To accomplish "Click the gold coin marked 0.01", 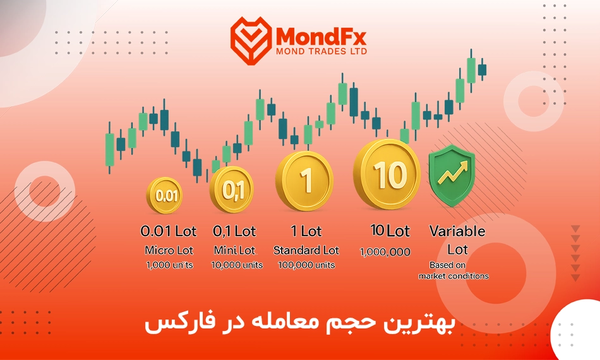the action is [165, 196].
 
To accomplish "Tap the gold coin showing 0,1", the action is [232, 189].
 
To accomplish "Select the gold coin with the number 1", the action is [304, 181].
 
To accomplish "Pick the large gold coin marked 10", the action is [387, 174].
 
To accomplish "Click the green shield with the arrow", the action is [452, 175].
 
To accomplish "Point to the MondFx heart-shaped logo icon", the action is [251, 40].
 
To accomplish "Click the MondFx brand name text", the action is [321, 37].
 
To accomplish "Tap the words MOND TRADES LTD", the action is [321, 51].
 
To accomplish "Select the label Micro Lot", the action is [169, 250].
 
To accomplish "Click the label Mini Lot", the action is [234, 250].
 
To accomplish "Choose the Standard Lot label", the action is [306, 250].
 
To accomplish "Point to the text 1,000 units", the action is [169, 265].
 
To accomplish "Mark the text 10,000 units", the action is [237, 265].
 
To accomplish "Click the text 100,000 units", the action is [306, 265].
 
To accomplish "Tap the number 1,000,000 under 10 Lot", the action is [385, 252].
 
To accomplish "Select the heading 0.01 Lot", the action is [169, 231].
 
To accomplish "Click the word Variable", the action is [457, 231].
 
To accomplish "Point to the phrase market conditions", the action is [453, 276].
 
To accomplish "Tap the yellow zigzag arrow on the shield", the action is [453, 172].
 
